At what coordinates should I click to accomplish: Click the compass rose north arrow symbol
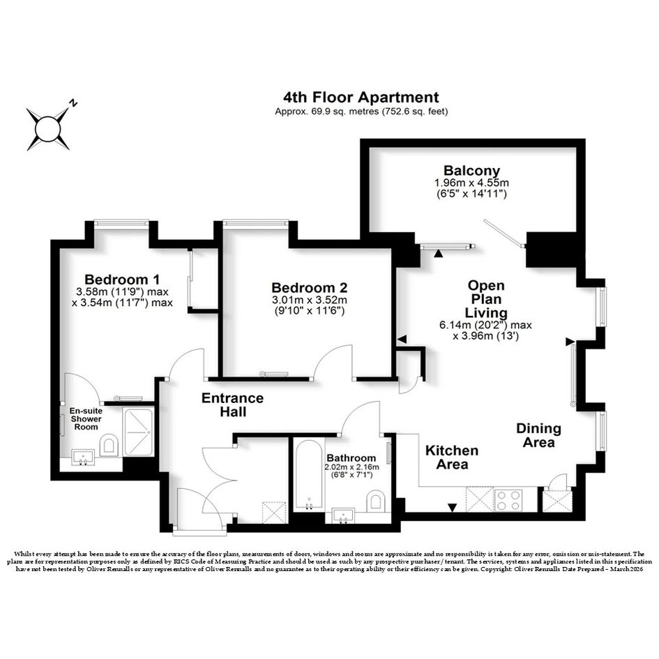[x=48, y=128]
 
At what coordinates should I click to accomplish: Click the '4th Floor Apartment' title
[x=361, y=97]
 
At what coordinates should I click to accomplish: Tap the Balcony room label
[x=471, y=171]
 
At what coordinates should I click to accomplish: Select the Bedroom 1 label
[x=122, y=280]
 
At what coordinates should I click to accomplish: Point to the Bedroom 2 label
[x=310, y=288]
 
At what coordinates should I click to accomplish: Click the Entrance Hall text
[x=232, y=404]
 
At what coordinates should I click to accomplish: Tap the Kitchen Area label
[x=452, y=457]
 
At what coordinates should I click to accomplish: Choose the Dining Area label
[x=538, y=435]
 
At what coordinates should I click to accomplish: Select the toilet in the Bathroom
[x=376, y=501]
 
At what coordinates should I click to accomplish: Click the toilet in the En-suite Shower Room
[x=109, y=445]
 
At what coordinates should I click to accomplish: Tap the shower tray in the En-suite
[x=138, y=432]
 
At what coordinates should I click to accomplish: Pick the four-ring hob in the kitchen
[x=508, y=500]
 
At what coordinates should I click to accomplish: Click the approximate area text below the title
[x=361, y=112]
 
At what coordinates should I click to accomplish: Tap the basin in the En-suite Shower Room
[x=83, y=457]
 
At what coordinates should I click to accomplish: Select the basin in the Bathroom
[x=343, y=515]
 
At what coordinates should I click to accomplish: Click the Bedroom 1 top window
[x=121, y=223]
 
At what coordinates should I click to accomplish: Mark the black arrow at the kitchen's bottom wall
[x=452, y=508]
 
